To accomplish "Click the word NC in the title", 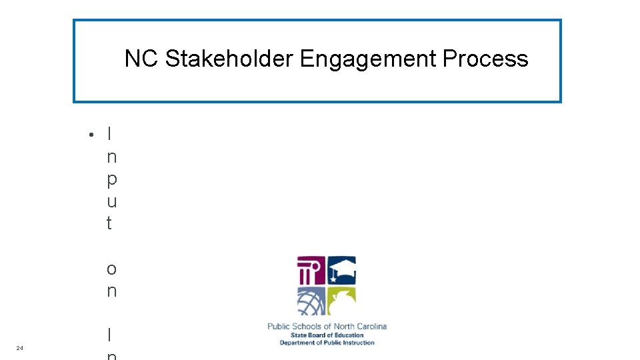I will coord(141,59).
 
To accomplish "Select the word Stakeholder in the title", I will coord(229,59).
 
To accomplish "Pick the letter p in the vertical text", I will coord(111,180).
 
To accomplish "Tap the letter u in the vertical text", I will coord(111,201).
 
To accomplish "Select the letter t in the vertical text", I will coord(109,223).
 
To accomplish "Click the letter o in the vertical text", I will coord(111,269).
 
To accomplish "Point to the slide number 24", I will coord(20,348).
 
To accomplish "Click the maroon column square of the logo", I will coord(311,271).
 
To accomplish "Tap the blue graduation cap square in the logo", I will coord(341,271).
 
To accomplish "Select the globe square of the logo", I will coord(311,301).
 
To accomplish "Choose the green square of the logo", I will coord(341,301).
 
